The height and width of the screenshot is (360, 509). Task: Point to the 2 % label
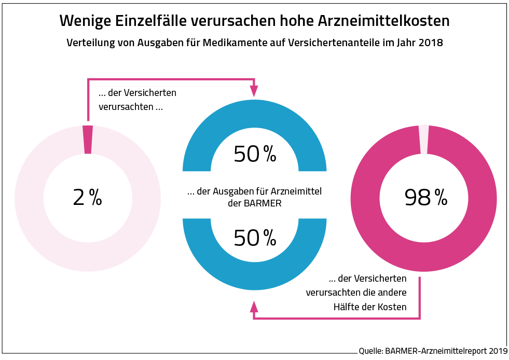tap(88, 198)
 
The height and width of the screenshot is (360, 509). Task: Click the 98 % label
tap(425, 198)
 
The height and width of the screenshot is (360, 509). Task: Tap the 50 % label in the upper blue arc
tap(255, 154)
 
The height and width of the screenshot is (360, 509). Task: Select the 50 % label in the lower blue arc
tap(255, 238)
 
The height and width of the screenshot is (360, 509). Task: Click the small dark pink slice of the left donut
tap(88, 139)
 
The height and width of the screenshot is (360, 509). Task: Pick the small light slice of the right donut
tap(424, 140)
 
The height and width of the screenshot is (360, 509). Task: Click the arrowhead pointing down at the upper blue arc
tap(254, 91)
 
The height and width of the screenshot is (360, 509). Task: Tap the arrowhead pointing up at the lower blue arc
tap(254, 306)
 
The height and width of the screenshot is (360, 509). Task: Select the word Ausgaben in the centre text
tap(229, 192)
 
